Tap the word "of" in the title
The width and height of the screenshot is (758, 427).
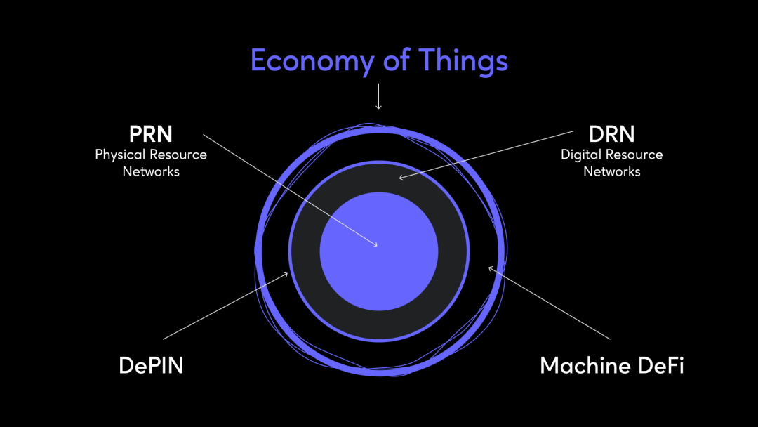pos(397,60)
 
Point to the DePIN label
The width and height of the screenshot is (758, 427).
pos(151,365)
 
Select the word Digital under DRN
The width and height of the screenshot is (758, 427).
pos(582,155)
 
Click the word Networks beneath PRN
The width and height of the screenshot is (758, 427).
pos(151,171)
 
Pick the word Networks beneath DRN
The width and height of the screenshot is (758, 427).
pos(612,171)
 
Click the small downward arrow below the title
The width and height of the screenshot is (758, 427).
pos(378,105)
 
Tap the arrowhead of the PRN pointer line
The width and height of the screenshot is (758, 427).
pos(376,245)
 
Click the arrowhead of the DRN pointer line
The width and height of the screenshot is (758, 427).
pos(401,177)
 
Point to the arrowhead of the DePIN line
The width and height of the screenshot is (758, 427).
pos(286,274)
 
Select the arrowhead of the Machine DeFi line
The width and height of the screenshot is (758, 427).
pos(491,268)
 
